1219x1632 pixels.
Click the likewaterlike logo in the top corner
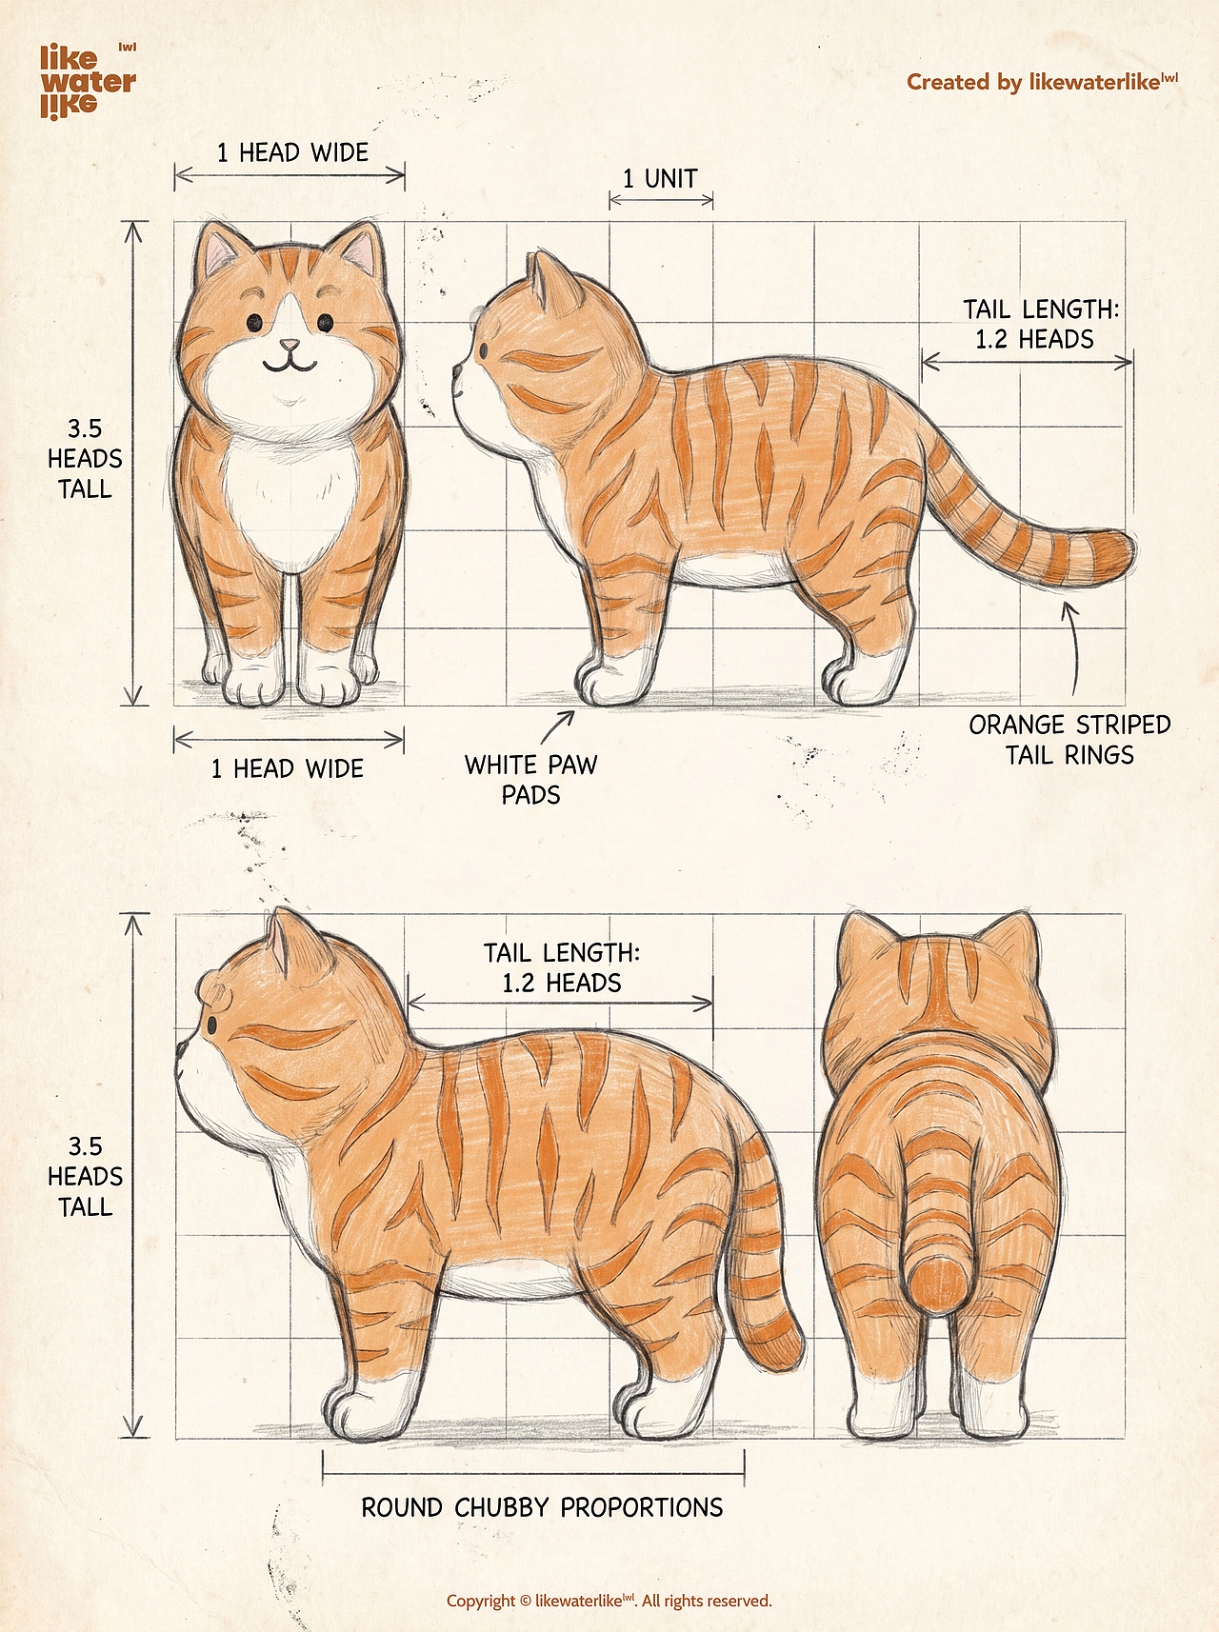[x=88, y=81]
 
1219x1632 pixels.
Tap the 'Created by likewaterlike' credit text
[x=1042, y=82]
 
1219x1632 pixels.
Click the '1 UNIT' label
[x=660, y=178]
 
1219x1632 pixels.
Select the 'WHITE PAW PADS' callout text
[x=530, y=779]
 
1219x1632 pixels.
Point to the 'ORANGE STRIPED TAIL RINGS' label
[x=1069, y=740]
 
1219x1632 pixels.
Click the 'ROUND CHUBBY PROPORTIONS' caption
[x=542, y=1507]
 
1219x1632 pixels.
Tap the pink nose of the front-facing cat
[x=289, y=344]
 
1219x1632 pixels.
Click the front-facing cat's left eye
[x=255, y=323]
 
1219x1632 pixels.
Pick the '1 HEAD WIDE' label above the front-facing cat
[x=292, y=152]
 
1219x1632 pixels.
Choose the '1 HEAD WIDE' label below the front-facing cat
[x=288, y=768]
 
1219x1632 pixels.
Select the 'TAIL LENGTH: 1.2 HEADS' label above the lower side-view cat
[x=562, y=967]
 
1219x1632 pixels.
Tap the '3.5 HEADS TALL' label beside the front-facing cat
[x=85, y=459]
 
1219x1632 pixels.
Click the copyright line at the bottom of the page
[x=609, y=1601]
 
